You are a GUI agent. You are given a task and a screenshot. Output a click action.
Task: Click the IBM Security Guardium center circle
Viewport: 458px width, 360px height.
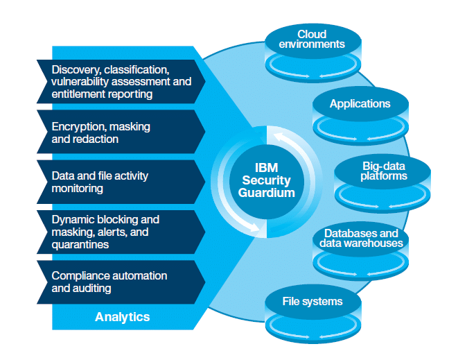(x=267, y=180)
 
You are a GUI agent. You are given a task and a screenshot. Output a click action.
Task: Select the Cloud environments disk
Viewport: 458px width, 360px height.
(x=311, y=49)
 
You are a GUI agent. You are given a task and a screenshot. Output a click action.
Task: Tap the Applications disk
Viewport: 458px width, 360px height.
(x=360, y=111)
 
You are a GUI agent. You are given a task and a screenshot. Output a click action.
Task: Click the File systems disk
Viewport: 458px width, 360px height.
(x=312, y=309)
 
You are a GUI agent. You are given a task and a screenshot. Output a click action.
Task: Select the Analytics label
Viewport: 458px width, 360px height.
(x=122, y=317)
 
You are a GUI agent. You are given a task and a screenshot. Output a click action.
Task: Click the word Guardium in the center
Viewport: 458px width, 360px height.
(x=267, y=192)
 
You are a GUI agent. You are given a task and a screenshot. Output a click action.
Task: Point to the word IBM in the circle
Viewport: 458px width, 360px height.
(x=267, y=167)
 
